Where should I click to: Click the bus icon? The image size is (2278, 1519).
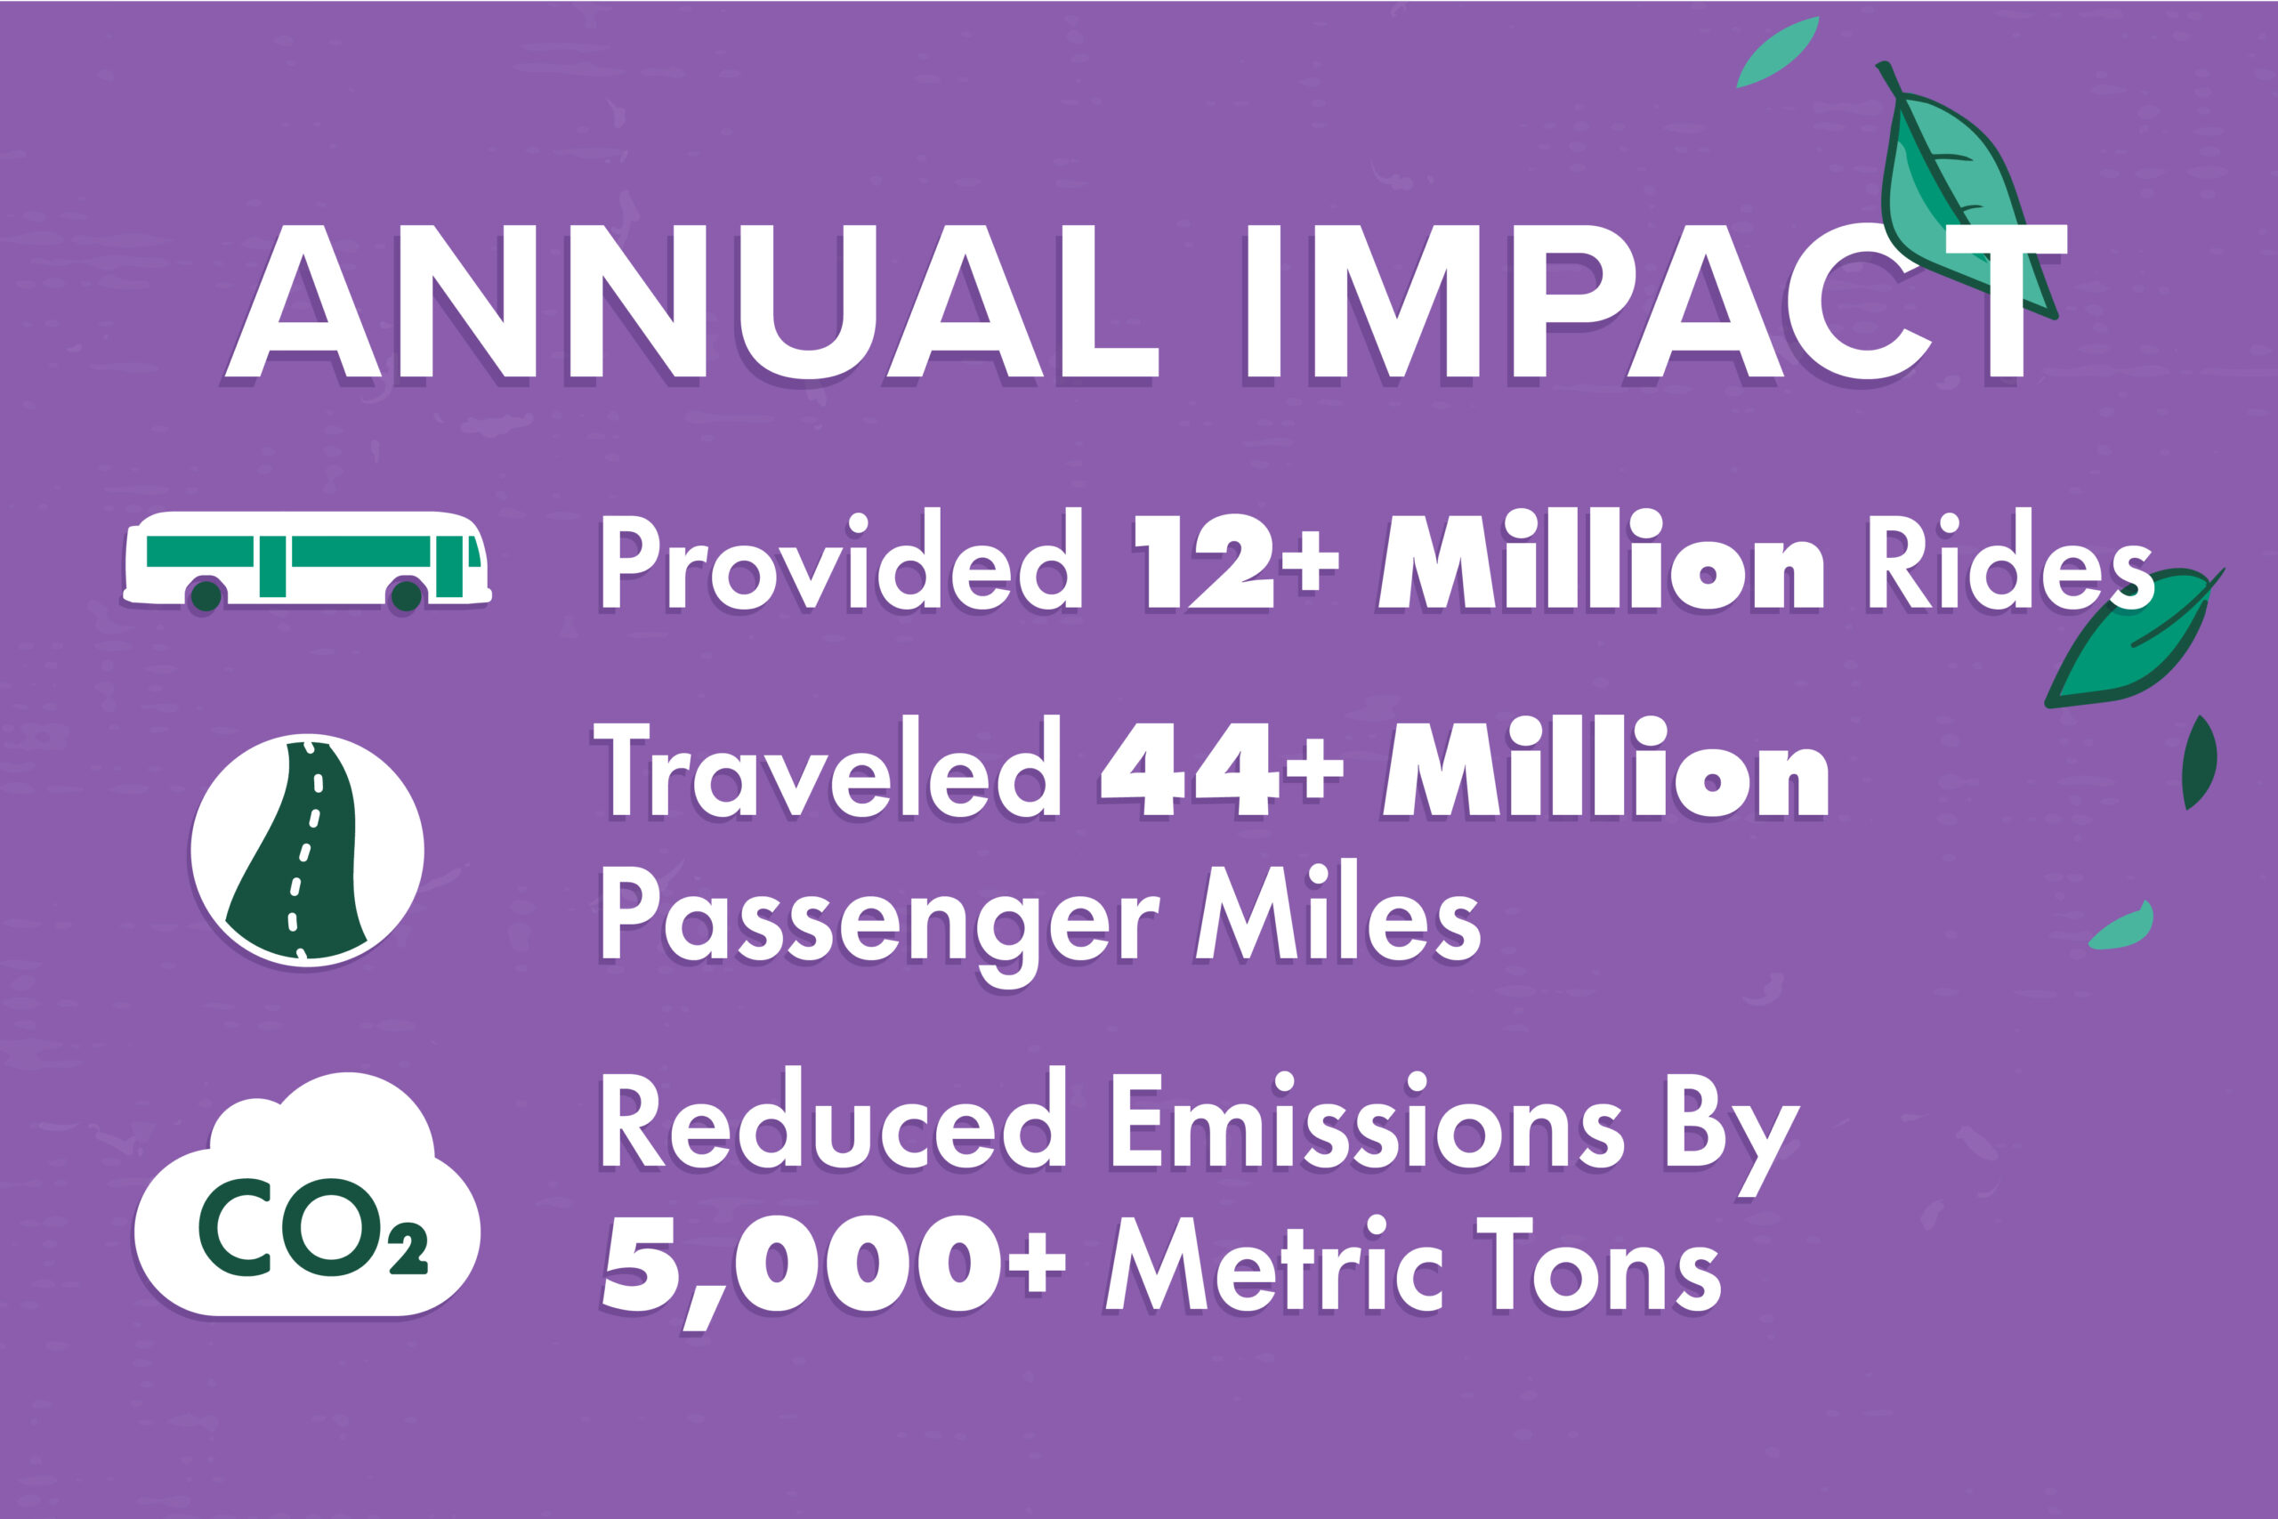pyautogui.click(x=307, y=561)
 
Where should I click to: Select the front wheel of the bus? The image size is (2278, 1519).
pyautogui.click(x=406, y=594)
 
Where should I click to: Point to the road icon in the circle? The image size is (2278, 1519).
pyautogui.click(x=307, y=850)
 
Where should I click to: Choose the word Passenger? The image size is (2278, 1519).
pyautogui.click(x=879, y=918)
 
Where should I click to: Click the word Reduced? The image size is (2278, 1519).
pyautogui.click(x=833, y=1124)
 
